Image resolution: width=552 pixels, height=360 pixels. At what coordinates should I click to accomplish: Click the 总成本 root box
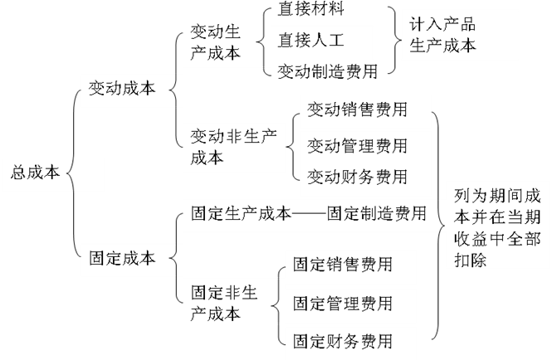coord(35,173)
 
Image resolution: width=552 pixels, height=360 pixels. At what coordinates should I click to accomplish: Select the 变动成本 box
coord(122,90)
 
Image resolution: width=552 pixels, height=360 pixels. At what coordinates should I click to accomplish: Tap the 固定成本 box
coord(122,258)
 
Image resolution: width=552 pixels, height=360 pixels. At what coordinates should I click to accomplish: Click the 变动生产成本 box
coord(216,41)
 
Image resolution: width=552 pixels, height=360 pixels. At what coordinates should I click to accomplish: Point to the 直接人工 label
coord(310,39)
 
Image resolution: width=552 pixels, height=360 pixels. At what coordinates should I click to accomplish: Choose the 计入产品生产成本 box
coord(443,35)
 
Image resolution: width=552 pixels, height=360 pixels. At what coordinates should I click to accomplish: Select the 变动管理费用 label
coord(357,146)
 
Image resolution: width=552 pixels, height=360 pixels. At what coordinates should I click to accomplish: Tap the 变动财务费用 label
coord(357,177)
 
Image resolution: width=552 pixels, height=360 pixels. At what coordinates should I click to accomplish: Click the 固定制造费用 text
coord(377,213)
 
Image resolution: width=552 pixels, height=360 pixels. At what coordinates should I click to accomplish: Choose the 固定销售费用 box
coord(342,265)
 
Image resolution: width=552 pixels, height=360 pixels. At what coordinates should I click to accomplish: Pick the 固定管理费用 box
coord(342,303)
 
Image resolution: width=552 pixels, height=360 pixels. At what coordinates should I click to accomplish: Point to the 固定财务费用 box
coord(342,341)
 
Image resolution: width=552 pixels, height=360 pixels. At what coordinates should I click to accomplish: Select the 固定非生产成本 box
coord(223,303)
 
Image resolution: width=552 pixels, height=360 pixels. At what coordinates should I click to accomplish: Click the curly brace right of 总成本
coord(71,174)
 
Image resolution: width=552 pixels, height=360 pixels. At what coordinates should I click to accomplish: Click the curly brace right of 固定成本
coord(173,259)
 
